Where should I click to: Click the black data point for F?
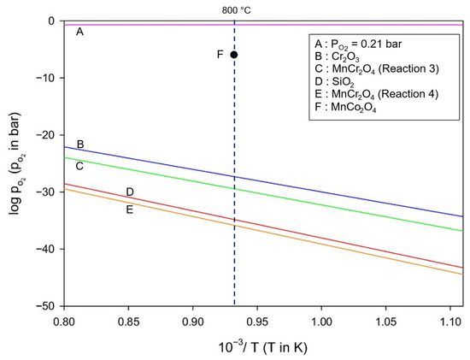coord(234,55)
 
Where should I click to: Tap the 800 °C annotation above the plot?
coord(236,10)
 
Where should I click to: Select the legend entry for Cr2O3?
coord(337,57)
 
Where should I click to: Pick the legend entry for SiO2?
coord(334,82)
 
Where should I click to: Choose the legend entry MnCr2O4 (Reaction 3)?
coord(377,69)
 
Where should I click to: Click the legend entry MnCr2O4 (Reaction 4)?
coord(377,95)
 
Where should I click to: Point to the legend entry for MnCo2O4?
coord(345,107)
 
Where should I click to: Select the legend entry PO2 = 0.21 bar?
coord(358,44)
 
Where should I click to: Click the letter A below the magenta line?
coord(79,31)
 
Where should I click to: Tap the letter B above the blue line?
coord(80,145)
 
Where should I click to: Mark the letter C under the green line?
coord(79,166)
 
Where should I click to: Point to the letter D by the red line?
coord(130,192)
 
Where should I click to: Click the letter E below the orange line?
coord(130,210)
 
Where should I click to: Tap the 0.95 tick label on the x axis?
coord(257,322)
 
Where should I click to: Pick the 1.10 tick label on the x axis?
coord(449,322)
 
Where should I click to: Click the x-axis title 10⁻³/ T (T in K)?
coord(263,348)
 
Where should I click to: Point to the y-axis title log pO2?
coord(16,163)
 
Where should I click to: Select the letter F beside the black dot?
coord(220,55)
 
